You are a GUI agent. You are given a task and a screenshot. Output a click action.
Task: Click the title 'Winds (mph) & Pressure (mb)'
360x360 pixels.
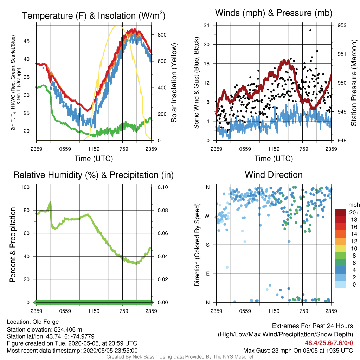(274, 13)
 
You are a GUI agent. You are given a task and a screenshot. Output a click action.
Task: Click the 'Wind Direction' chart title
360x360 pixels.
(274, 175)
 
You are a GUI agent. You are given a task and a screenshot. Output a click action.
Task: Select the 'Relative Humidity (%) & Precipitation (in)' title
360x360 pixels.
(94, 175)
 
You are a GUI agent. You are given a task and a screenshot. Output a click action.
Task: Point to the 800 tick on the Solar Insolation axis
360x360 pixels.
(162, 35)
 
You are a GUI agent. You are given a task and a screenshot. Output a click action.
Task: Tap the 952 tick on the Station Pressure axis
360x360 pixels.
(342, 25)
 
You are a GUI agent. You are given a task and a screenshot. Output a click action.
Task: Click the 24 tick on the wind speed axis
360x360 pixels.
(206, 25)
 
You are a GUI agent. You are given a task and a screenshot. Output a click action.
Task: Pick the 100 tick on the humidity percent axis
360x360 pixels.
(25, 187)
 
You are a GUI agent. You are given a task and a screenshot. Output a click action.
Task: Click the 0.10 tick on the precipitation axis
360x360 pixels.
(163, 187)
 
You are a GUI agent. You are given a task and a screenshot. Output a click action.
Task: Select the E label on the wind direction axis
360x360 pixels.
(208, 274)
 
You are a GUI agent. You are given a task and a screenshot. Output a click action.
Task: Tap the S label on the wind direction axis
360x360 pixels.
(208, 245)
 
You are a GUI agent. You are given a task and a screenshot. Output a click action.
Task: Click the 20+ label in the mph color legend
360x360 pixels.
(354, 212)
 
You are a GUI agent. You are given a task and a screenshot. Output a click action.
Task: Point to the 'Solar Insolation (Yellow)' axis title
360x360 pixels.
(174, 83)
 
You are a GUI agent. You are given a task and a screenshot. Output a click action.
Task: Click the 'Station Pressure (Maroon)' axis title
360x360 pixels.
(354, 83)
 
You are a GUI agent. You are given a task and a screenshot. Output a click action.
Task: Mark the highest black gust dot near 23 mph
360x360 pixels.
(310, 30)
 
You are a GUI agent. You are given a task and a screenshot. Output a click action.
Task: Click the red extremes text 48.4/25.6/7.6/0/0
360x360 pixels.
(329, 343)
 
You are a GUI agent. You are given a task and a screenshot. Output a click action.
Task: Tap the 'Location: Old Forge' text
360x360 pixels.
(33, 322)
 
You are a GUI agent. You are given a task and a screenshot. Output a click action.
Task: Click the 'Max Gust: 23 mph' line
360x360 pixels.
(298, 351)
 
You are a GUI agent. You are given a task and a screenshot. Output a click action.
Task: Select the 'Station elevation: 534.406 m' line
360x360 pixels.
(44, 330)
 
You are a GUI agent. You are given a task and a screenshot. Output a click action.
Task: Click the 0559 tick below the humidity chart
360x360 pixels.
(65, 311)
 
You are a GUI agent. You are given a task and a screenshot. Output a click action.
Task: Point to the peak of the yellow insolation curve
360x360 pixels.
(117, 25)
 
